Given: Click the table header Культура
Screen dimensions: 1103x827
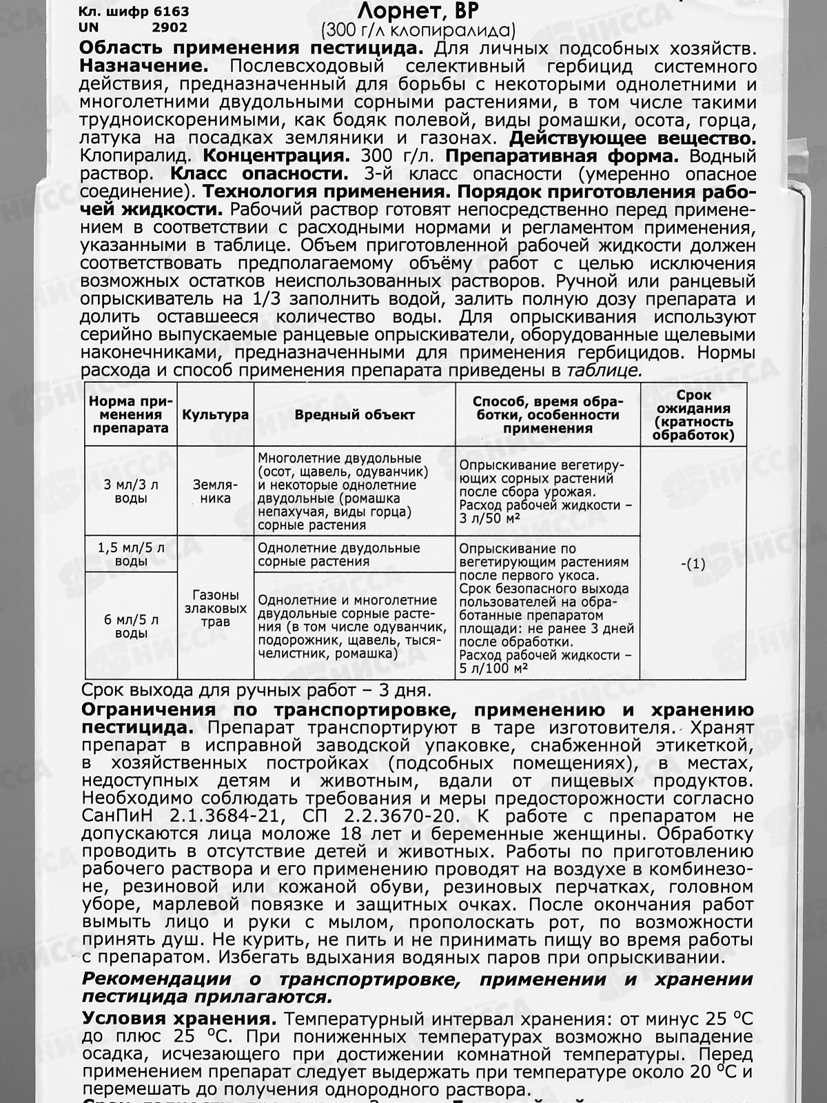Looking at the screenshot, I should [215, 415].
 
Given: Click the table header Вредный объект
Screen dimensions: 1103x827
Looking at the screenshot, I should [354, 415].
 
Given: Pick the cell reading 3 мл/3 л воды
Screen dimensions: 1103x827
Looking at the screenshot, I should [131, 492].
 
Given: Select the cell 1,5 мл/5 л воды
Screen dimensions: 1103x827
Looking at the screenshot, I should [131, 554].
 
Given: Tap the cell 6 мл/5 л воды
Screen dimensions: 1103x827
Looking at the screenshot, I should [131, 626].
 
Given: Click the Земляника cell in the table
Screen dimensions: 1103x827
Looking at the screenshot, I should [215, 492].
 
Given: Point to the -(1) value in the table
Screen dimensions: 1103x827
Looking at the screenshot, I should [693, 564].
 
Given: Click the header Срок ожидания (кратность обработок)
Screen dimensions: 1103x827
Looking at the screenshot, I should [693, 415].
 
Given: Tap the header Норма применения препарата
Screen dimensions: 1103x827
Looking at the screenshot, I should [131, 415].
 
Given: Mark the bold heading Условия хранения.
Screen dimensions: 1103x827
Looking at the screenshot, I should [181, 1020].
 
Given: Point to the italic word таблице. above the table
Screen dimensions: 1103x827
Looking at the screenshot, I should [604, 370].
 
